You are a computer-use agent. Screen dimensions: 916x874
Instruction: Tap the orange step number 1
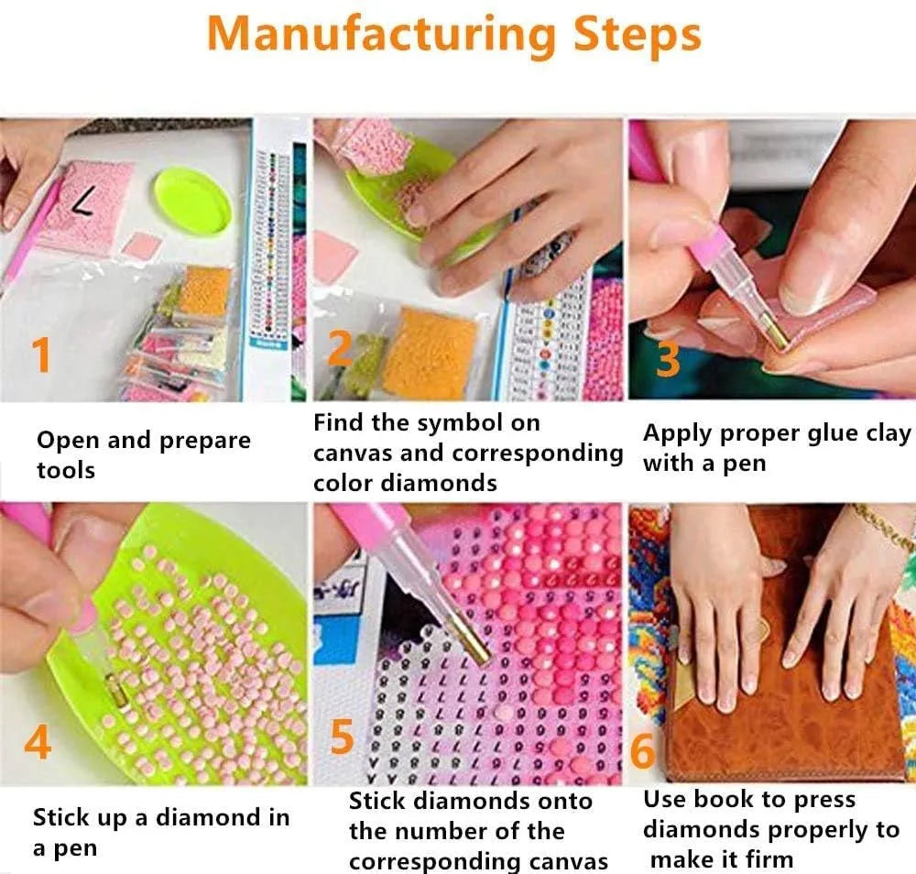click(x=41, y=355)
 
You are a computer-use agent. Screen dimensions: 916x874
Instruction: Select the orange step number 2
click(x=340, y=348)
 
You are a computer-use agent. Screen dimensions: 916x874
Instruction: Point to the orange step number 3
click(x=668, y=358)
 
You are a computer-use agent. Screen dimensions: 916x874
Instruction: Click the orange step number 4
click(x=38, y=742)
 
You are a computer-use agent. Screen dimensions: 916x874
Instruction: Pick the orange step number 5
click(x=343, y=737)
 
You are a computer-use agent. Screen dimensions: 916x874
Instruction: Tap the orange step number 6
click(x=643, y=750)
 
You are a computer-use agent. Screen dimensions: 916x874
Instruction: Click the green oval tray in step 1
click(x=192, y=201)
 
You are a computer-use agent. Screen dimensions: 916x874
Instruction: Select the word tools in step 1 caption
click(x=65, y=470)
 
